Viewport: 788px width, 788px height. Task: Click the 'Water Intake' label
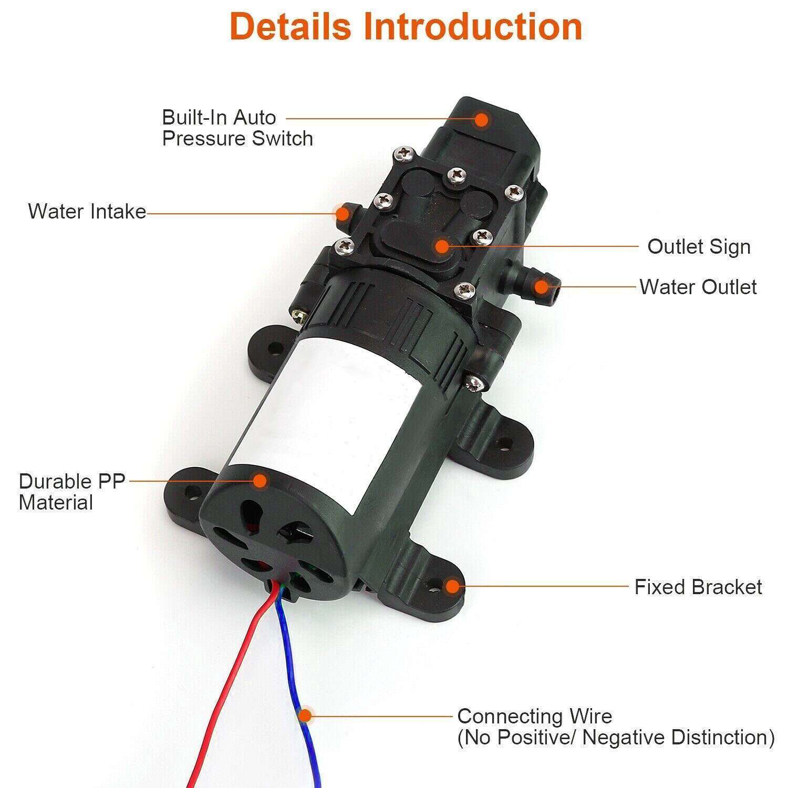(x=87, y=211)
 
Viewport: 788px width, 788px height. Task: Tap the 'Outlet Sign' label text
(x=699, y=246)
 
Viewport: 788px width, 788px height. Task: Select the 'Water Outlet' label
(x=698, y=287)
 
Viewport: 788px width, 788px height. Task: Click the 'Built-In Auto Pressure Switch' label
(x=237, y=128)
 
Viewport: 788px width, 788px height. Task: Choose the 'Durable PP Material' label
(x=72, y=492)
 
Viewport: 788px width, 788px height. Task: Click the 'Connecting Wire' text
(x=534, y=716)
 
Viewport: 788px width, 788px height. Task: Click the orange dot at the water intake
(x=342, y=213)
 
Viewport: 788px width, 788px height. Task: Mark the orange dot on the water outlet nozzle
(x=541, y=287)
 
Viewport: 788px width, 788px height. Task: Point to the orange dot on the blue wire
(x=304, y=716)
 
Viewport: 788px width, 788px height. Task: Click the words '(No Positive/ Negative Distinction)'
(x=616, y=738)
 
